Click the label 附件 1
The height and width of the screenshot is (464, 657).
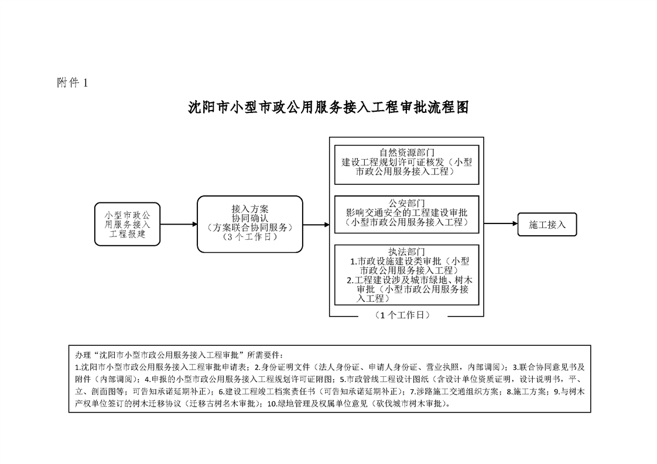pyautogui.click(x=73, y=83)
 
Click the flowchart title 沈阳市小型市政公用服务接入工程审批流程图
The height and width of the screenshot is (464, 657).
pyautogui.click(x=328, y=108)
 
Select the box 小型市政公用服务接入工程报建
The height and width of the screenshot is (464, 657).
pyautogui.click(x=128, y=225)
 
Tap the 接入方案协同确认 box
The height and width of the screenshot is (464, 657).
pyautogui.click(x=249, y=224)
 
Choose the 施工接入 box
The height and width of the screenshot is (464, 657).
pyautogui.click(x=547, y=225)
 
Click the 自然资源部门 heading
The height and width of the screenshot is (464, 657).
pyautogui.click(x=407, y=153)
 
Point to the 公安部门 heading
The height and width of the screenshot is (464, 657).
pyautogui.click(x=407, y=204)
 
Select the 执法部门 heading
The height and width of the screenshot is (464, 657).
pyautogui.click(x=407, y=252)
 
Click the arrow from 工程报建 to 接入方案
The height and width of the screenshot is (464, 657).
pyautogui.click(x=179, y=225)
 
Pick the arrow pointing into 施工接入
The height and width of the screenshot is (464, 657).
pyautogui.click(x=501, y=224)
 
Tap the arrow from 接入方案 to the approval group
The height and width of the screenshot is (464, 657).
pyautogui.click(x=316, y=225)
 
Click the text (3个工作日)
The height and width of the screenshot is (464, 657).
pyautogui.click(x=249, y=236)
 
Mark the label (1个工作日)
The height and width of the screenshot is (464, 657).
pyautogui.click(x=403, y=315)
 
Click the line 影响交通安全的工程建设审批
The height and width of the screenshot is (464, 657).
pyautogui.click(x=407, y=213)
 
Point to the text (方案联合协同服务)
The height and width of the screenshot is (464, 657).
pyautogui.click(x=249, y=228)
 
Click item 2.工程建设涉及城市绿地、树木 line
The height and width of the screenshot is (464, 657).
pyautogui.click(x=410, y=280)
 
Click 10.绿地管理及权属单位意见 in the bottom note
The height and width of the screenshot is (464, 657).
pyautogui.click(x=317, y=404)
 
